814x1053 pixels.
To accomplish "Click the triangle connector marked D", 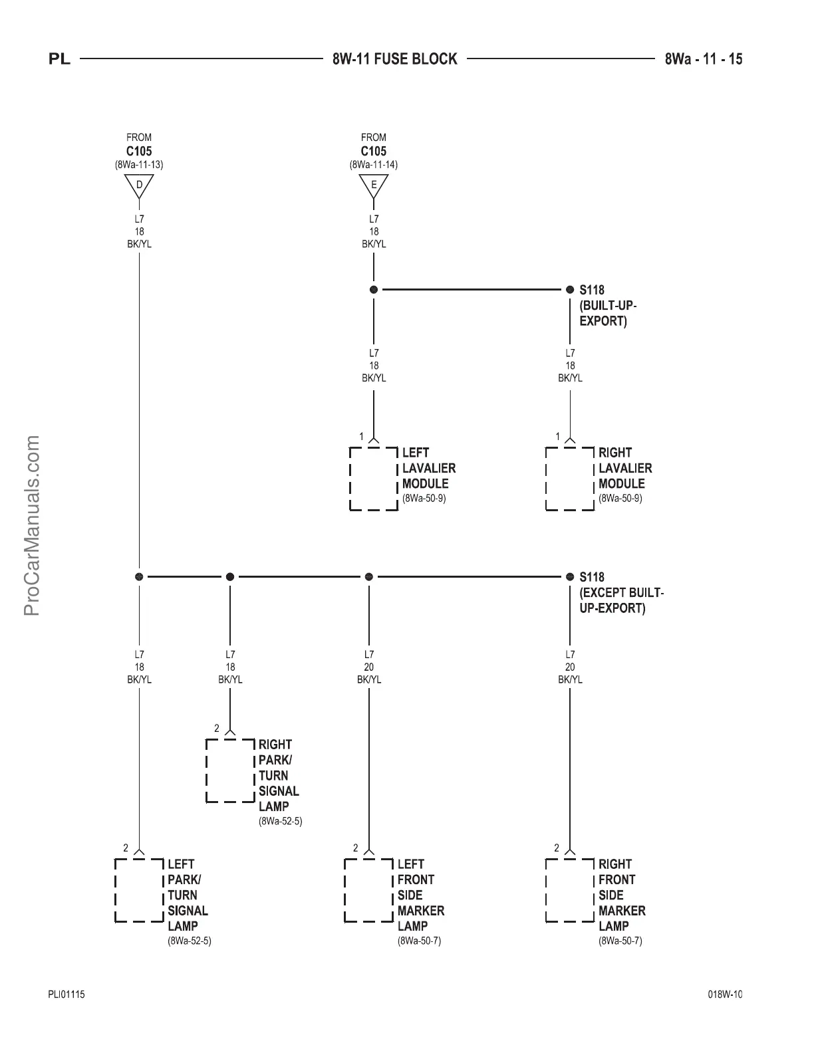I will coord(139,185).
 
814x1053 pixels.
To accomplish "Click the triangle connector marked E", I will coord(374,185).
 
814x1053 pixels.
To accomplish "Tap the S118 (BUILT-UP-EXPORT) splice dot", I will coord(570,290).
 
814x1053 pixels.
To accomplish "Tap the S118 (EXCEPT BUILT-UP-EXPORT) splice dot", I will coord(570,576).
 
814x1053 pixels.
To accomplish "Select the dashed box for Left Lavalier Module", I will coord(374,479).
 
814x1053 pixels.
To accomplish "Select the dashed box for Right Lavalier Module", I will coord(570,479).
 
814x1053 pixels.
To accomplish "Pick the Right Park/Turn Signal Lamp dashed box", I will coord(230,770).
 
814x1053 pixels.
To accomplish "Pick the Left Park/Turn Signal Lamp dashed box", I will coord(139,890).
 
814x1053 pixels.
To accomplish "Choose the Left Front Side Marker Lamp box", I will coord(368,890).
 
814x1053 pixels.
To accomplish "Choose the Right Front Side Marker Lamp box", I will coord(570,890).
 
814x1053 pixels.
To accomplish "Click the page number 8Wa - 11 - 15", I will coord(704,59).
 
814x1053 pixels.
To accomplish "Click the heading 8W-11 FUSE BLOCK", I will coord(395,59).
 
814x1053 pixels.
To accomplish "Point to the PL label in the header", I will coord(59,60).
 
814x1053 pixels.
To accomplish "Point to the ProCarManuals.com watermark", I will coord(32,525).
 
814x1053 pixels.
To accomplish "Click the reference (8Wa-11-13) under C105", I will coord(139,164).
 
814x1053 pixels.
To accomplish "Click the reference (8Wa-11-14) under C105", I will coord(374,164).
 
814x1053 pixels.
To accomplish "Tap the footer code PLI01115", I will coord(66,994).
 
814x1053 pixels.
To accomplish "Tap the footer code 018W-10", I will coord(725,994).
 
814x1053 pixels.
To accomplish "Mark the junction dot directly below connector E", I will coord(374,290).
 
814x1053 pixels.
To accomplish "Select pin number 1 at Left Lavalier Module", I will coord(362,437).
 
